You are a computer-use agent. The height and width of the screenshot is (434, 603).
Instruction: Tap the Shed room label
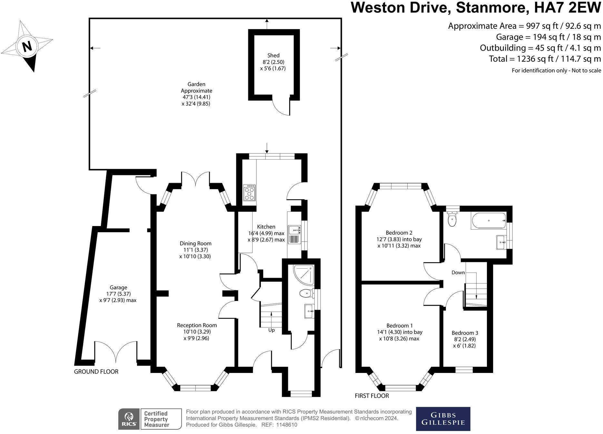[273, 56]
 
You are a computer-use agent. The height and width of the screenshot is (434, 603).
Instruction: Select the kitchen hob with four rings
[249, 193]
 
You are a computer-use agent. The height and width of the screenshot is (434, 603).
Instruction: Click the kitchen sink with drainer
[294, 235]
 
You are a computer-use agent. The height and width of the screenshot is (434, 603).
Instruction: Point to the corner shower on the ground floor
[304, 274]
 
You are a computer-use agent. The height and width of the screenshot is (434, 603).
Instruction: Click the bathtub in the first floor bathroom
[489, 221]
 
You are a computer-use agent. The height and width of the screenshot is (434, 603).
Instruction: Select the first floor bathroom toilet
[452, 220]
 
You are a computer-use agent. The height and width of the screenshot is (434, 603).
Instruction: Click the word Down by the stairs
[458, 273]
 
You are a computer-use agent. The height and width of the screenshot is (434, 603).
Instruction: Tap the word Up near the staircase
[272, 330]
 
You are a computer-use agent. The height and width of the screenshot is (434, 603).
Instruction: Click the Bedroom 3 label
[465, 333]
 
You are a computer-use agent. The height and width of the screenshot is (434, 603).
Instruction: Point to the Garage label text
[118, 287]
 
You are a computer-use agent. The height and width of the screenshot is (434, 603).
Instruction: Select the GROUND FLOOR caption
[96, 372]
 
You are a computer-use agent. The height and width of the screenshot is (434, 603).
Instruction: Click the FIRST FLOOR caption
[372, 396]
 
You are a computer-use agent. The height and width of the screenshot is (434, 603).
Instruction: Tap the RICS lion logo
[129, 419]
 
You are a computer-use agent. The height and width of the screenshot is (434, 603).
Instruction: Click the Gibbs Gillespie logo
[443, 419]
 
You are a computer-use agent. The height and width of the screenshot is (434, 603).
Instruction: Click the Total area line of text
[545, 59]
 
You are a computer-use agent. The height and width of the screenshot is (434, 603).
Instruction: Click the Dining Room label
[195, 243]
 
